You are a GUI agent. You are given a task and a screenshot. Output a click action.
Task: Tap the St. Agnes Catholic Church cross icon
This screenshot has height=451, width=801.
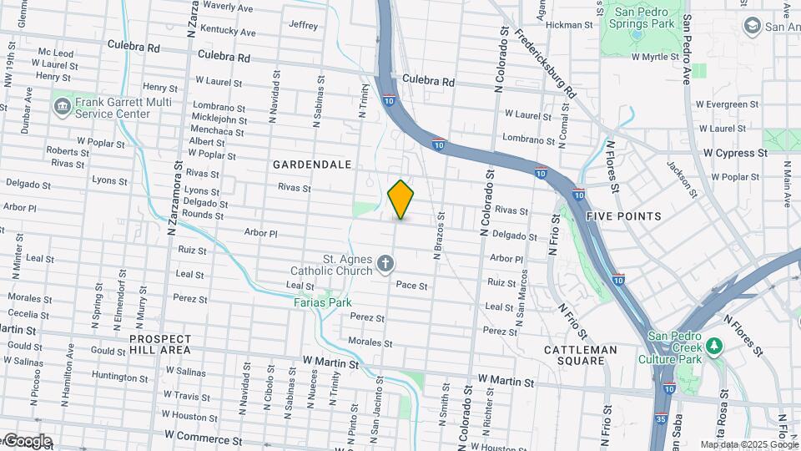tap(385, 265)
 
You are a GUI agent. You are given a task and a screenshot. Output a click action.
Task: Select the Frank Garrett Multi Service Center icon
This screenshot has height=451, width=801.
tap(63, 107)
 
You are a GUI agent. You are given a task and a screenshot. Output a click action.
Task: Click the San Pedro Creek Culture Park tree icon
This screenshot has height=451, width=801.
tap(713, 346)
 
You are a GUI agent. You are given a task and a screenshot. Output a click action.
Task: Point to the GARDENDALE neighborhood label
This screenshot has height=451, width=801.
tap(312, 165)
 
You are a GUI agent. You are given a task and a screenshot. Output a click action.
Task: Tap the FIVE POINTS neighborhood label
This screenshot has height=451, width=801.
tap(623, 216)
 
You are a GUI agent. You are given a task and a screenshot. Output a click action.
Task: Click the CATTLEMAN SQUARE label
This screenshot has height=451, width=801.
tap(581, 355)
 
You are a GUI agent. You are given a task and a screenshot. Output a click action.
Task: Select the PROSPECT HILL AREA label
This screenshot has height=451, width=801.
tap(160, 345)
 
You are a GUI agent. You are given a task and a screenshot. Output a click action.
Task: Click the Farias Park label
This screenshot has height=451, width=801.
tap(322, 302)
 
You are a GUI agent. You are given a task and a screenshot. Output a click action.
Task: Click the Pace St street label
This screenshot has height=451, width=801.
tap(411, 286)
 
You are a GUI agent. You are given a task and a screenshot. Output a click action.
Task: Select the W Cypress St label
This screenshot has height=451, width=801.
tap(734, 154)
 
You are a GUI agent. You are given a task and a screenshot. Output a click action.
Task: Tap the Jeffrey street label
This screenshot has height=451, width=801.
tap(303, 25)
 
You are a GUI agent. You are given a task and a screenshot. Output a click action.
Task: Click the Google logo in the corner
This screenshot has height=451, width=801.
tap(27, 441)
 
